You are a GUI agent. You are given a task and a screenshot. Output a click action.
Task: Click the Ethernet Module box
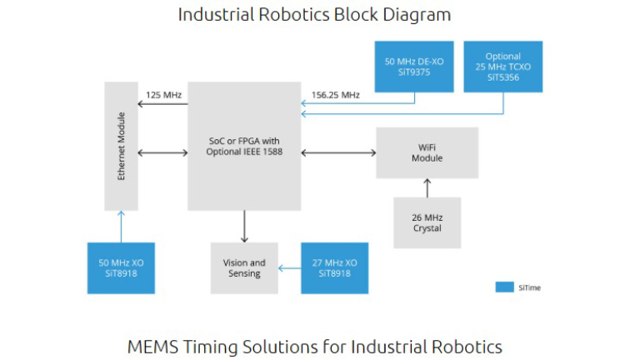pyautogui.click(x=121, y=146)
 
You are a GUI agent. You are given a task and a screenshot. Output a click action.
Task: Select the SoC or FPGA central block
pyautogui.click(x=243, y=146)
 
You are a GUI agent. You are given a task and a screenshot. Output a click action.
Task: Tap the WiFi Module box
pyautogui.click(x=427, y=152)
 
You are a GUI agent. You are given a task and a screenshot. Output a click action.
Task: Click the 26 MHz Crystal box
pyautogui.click(x=427, y=222)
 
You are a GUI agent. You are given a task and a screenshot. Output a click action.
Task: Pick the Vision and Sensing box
pyautogui.click(x=244, y=267)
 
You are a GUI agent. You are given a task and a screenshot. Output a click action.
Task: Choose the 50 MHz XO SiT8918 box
pyautogui.click(x=121, y=267)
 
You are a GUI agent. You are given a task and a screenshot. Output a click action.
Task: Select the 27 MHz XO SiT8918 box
pyautogui.click(x=334, y=267)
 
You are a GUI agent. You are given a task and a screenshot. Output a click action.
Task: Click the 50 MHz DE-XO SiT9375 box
pyautogui.click(x=414, y=67)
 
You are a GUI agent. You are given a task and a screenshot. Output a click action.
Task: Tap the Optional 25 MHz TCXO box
pyautogui.click(x=502, y=67)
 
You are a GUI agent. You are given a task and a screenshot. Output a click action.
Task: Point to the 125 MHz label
pyautogui.click(x=163, y=94)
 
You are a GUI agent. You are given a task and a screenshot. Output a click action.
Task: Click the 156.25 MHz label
pyautogui.click(x=335, y=94)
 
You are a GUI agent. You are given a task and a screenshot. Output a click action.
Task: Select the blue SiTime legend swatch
pyautogui.click(x=504, y=287)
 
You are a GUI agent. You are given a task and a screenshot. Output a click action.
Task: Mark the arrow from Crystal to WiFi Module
pyautogui.click(x=427, y=187)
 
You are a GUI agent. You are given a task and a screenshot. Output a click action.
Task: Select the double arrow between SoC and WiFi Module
pyautogui.click(x=338, y=152)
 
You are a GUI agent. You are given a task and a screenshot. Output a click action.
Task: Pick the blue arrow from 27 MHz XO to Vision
pyautogui.click(x=289, y=267)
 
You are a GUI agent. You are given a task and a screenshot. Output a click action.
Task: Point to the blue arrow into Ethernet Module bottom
pyautogui.click(x=121, y=225)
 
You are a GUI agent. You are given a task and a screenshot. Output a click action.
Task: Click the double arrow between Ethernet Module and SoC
pyautogui.click(x=162, y=152)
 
